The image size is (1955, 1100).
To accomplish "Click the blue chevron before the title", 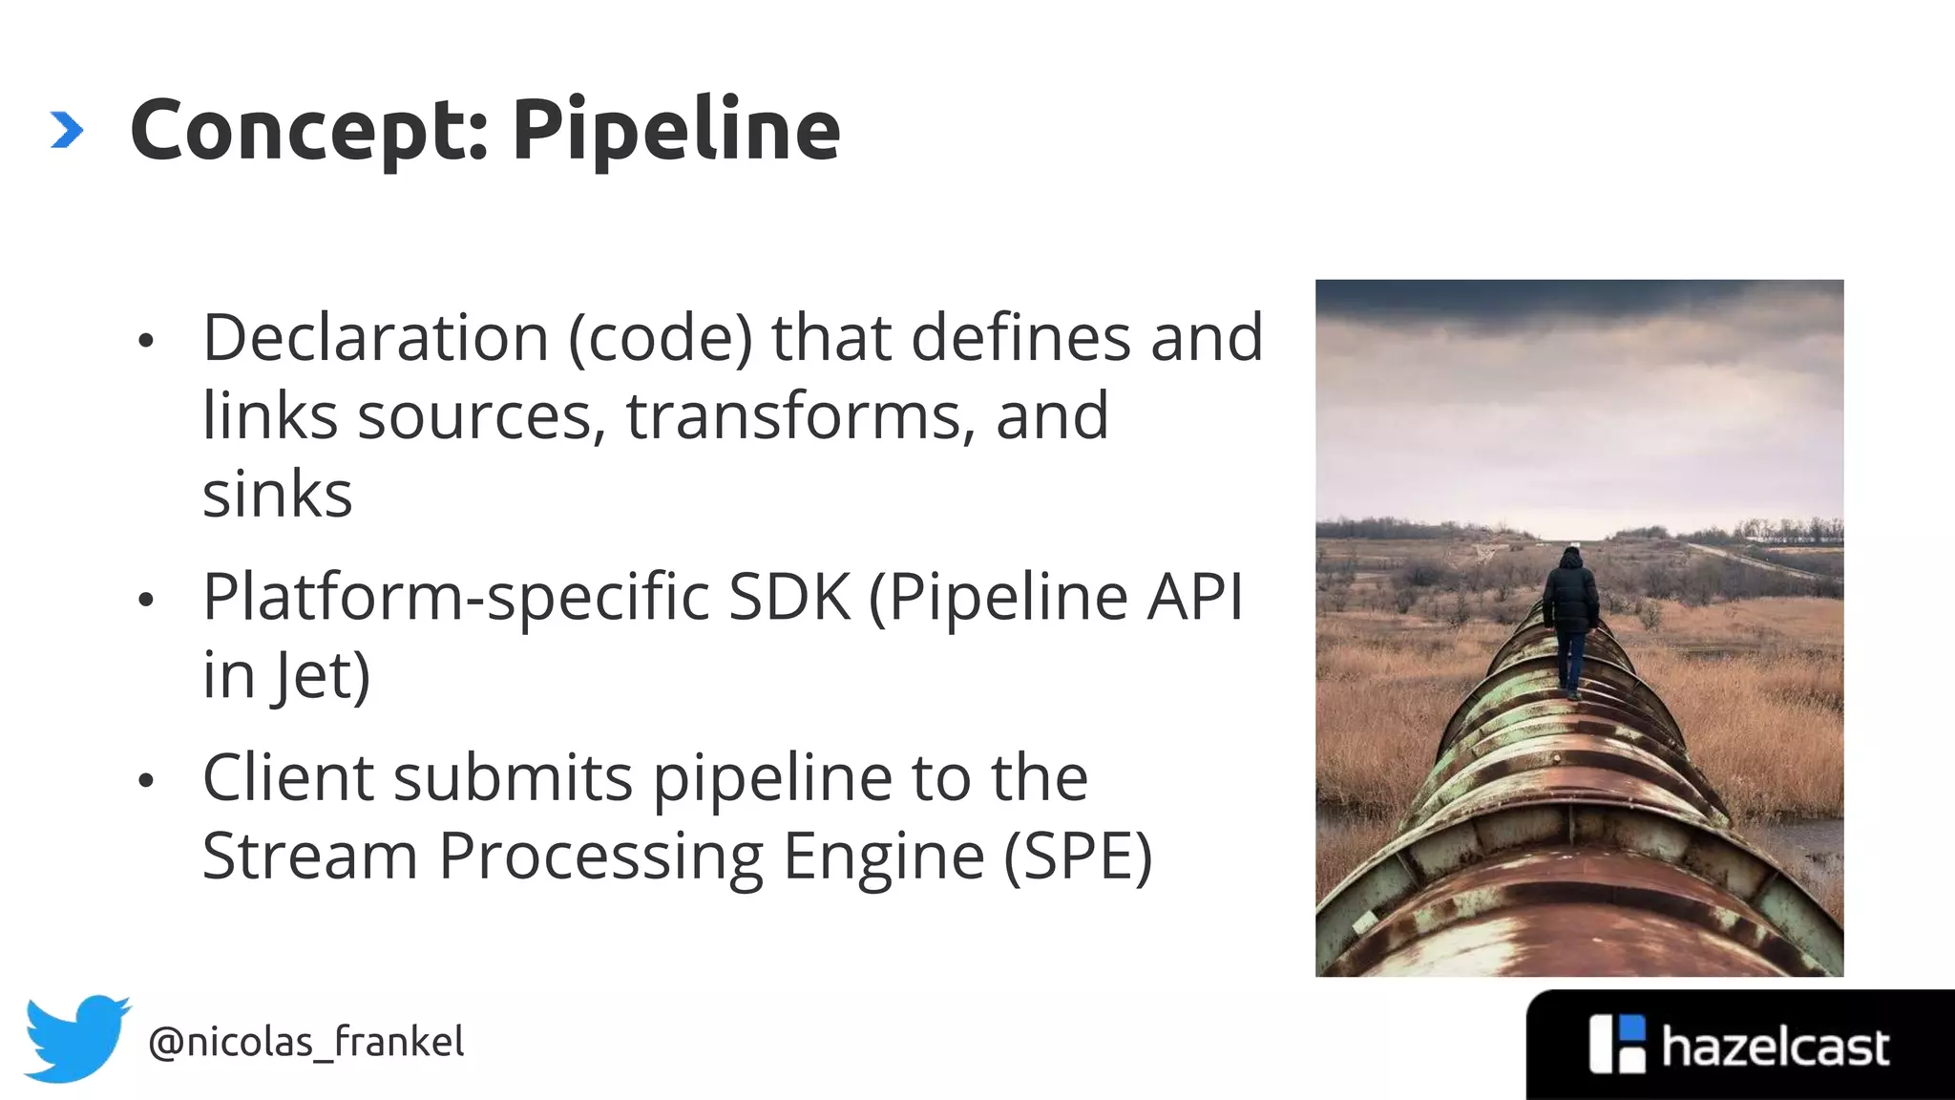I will (x=67, y=130).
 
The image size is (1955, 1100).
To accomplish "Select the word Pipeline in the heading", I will (x=676, y=130).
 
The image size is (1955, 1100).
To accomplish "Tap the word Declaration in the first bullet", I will (x=375, y=338).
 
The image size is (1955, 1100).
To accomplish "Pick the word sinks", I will (x=277, y=495).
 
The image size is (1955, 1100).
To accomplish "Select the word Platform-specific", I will (x=456, y=598).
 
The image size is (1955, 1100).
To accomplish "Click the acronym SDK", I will (x=789, y=598).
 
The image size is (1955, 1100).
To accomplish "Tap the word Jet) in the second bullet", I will (x=321, y=676).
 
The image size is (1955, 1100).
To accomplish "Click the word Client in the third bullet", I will (x=287, y=777).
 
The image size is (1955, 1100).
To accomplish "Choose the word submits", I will (x=513, y=777).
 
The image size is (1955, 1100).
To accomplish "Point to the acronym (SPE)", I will (x=1078, y=856).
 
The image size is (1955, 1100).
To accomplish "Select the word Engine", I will (x=883, y=857).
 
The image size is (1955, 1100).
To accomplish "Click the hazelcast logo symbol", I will (x=1617, y=1044).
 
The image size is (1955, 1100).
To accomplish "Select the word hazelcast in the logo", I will (x=1775, y=1047).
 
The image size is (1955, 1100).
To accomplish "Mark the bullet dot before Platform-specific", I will (x=146, y=601).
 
